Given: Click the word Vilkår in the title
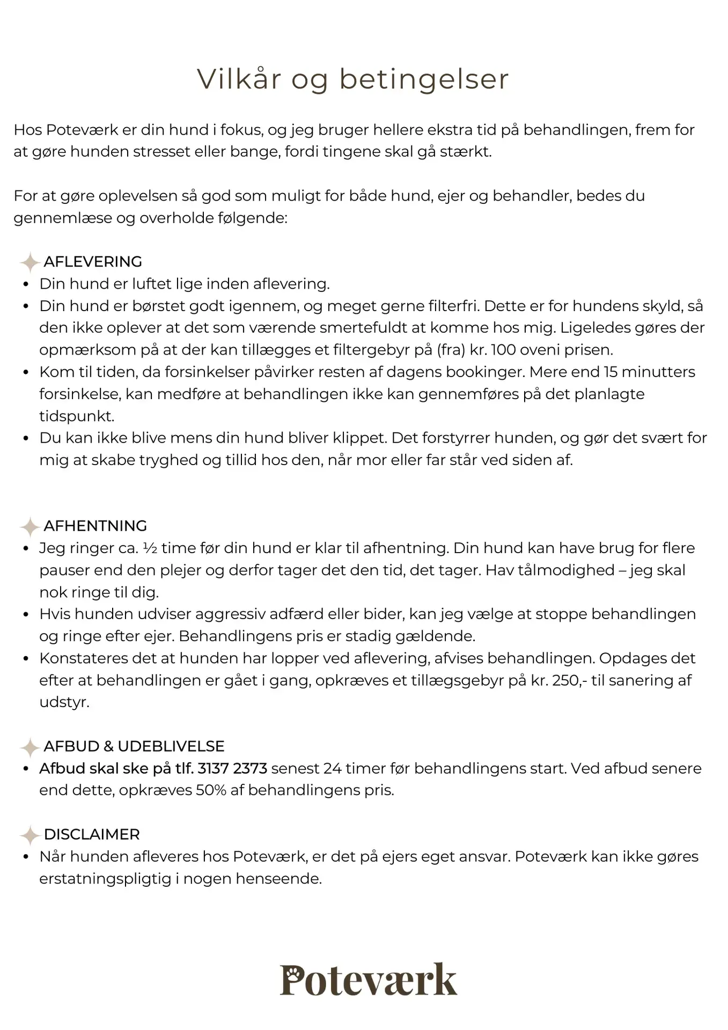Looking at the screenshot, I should tap(239, 79).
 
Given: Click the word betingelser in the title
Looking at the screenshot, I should tap(424, 79).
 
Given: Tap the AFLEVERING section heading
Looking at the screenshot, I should tap(93, 262).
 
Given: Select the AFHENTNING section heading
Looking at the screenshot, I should tap(95, 526).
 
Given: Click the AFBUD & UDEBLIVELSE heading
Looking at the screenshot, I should tap(134, 746).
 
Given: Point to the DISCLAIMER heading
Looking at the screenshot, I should tap(92, 834).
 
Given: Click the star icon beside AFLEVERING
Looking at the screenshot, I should tap(30, 262).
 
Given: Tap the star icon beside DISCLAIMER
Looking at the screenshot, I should tap(30, 835).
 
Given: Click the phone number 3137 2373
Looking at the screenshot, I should tap(232, 768).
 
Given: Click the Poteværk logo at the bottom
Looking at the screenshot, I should tap(369, 980).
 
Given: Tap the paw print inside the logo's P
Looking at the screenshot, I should tap(292, 972).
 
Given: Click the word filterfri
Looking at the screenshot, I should tap(454, 306).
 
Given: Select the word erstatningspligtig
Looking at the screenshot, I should tap(105, 879).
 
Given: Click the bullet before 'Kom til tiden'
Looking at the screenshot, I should tap(26, 372).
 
